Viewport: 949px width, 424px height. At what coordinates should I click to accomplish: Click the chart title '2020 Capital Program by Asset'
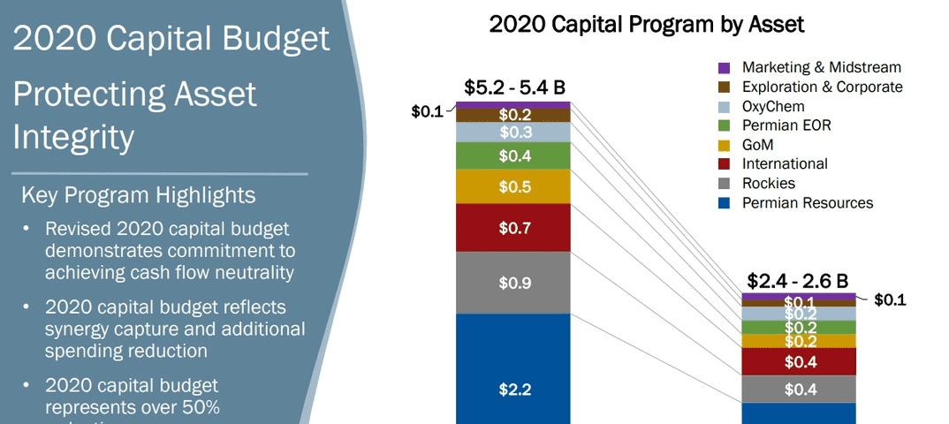(x=646, y=25)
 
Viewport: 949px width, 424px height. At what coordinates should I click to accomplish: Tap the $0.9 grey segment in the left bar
(x=513, y=283)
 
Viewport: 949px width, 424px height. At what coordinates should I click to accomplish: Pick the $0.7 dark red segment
(x=513, y=228)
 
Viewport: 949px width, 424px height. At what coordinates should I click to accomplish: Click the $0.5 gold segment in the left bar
(x=513, y=186)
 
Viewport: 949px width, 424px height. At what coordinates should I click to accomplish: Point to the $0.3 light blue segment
(x=513, y=132)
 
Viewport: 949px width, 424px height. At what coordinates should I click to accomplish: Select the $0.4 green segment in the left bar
(x=513, y=155)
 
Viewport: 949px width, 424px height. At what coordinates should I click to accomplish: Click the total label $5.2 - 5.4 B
(x=514, y=87)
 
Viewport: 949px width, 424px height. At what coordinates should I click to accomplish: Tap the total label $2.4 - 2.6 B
(x=798, y=281)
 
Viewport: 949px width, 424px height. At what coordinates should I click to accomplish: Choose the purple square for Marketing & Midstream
(x=724, y=67)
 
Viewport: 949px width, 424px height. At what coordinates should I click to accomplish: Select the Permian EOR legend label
(x=786, y=125)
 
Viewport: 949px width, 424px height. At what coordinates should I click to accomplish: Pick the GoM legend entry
(x=762, y=145)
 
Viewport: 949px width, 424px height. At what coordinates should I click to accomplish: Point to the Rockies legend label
(x=769, y=184)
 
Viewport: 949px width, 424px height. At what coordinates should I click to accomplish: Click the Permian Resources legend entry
(x=807, y=203)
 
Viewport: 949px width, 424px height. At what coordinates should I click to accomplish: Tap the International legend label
(x=785, y=164)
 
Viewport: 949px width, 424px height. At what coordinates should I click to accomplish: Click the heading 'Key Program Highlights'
(x=138, y=195)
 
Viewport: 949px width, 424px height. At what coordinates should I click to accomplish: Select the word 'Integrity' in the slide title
(x=74, y=137)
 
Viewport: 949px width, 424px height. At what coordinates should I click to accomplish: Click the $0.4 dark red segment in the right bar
(x=799, y=361)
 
